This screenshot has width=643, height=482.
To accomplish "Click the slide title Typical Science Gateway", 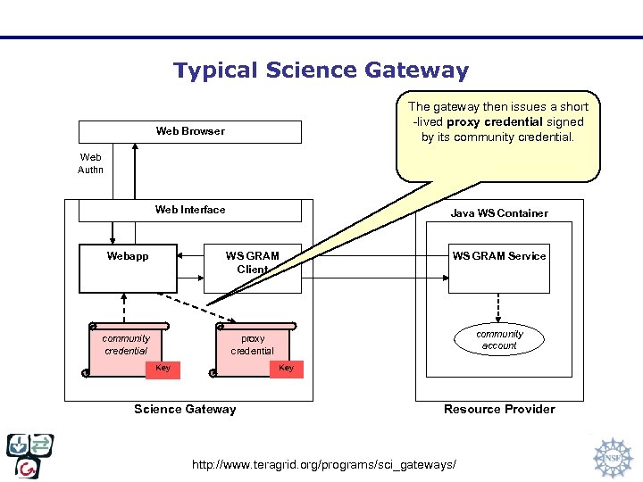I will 321,71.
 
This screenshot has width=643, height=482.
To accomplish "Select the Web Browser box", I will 190,131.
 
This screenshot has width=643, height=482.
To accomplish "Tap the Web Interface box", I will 190,210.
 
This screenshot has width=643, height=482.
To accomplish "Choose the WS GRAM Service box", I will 498,268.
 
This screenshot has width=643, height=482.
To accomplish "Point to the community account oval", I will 499,339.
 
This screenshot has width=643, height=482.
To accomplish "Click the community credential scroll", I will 126,344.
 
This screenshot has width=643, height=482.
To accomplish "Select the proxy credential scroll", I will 253,345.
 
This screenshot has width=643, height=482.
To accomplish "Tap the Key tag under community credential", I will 163,369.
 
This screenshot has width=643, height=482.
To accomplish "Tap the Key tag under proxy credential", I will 286,369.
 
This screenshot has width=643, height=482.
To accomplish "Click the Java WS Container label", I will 499,213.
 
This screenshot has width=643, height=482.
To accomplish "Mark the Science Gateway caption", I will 185,409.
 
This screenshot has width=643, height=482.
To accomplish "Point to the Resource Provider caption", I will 499,409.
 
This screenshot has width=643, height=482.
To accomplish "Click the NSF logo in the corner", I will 613,457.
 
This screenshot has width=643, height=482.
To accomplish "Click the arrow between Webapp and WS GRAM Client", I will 190,256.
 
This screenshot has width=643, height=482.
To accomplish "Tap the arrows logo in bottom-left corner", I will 30,456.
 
